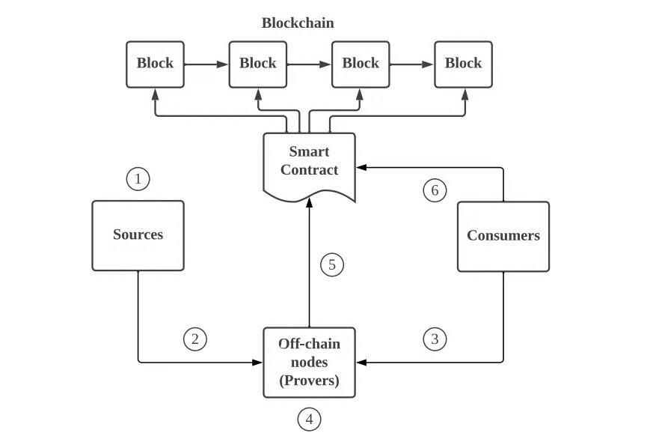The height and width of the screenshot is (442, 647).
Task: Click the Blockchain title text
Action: coord(298,23)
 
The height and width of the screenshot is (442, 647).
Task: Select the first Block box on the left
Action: coord(155,64)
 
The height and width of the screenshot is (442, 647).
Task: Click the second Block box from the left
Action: coord(257,64)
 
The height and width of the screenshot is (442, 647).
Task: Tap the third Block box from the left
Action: coord(361,64)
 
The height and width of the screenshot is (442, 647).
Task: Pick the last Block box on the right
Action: coord(463,64)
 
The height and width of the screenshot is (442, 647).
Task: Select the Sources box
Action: coord(138,235)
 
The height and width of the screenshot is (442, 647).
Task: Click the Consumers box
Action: coord(503,235)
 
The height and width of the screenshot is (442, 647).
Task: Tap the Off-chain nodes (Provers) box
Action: coord(309,362)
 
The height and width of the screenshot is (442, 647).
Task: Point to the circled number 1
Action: coord(138,179)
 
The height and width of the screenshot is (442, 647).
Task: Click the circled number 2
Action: coord(194,339)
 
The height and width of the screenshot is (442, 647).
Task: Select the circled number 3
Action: coord(435,339)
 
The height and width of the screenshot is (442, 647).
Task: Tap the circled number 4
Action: coord(309,420)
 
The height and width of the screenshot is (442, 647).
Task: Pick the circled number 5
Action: coord(332,264)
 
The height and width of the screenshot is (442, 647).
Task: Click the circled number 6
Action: coord(435,190)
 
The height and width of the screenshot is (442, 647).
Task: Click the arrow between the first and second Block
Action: coord(206,64)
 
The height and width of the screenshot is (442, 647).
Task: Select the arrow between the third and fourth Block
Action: coord(411,64)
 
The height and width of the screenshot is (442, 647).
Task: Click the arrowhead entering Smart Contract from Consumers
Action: coord(361,168)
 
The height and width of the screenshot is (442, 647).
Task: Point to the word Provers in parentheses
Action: coord(309,380)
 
